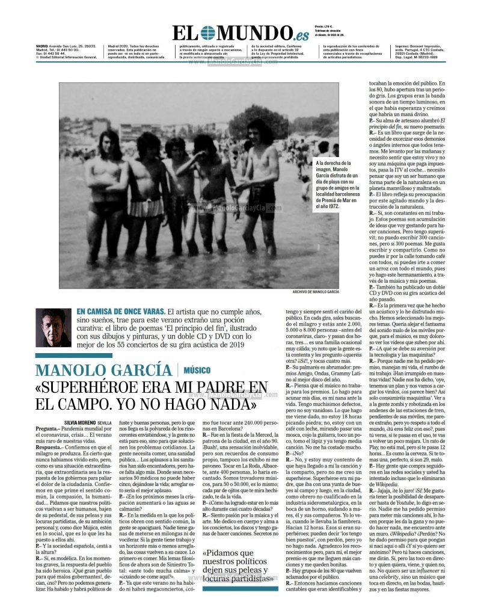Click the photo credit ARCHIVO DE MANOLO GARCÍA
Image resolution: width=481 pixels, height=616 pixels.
click(x=316, y=291)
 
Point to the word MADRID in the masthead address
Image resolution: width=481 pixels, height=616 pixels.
click(x=43, y=46)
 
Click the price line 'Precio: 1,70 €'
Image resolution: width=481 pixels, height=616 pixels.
click(x=324, y=27)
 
